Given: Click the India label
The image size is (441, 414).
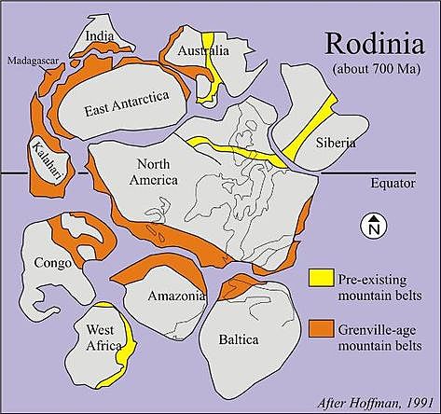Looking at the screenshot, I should pos(100,37).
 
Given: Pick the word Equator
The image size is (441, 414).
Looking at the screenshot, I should pos(392,184).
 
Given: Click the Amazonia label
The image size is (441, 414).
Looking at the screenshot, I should pos(176,296).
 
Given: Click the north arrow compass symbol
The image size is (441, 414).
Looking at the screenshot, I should pos(372,225).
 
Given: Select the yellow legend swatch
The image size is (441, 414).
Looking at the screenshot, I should pos(322,278).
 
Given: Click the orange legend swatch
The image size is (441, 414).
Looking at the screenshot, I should pos(322,326).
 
